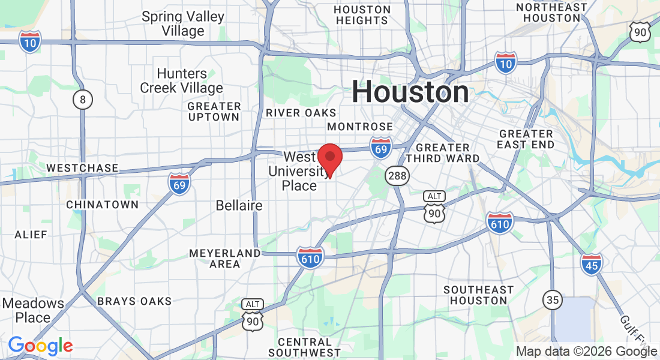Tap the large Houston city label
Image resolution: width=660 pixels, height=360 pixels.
tap(410, 92)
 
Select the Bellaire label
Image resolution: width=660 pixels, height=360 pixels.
tap(239, 206)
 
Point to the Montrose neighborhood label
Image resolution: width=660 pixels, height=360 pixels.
tap(360, 127)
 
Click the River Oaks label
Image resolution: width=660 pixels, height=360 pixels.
tap(301, 113)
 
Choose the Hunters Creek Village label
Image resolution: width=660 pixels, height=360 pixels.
tap(181, 81)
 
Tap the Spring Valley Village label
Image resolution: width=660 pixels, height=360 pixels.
tap(183, 24)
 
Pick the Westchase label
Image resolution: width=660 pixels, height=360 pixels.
tap(82, 168)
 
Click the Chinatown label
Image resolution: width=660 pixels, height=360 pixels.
tap(102, 205)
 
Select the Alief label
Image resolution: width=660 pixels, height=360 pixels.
tap(31, 235)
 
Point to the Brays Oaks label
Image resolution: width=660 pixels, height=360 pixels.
tap(134, 301)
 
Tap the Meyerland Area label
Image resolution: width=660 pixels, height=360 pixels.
tap(225, 259)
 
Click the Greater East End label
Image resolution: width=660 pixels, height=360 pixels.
tap(526, 139)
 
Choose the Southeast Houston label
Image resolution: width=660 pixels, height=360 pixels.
tap(479, 295)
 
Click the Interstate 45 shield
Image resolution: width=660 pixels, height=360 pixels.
tap(591, 264)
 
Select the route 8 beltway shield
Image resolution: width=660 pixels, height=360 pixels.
tap(83, 100)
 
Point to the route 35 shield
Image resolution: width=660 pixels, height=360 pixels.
tap(552, 299)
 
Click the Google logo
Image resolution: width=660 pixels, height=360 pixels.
tap(40, 346)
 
